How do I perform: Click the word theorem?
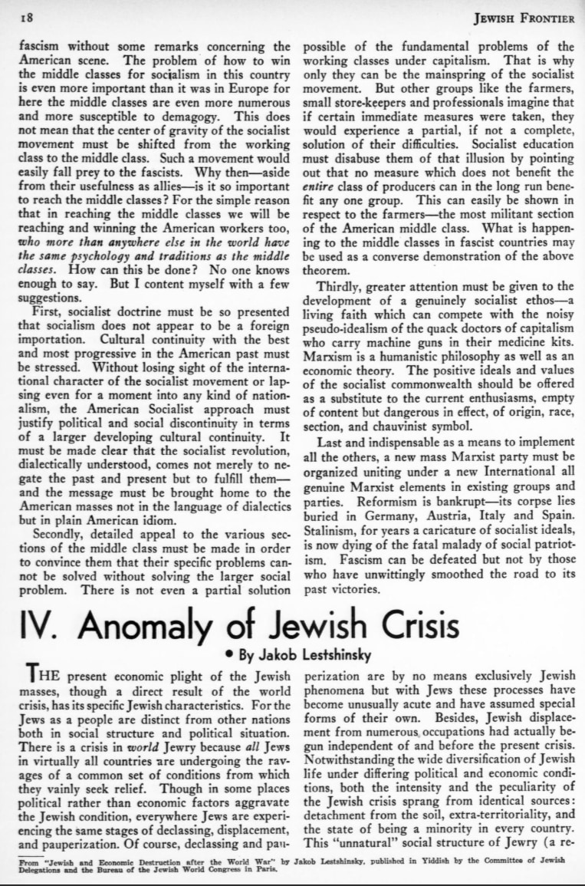tap(326, 271)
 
